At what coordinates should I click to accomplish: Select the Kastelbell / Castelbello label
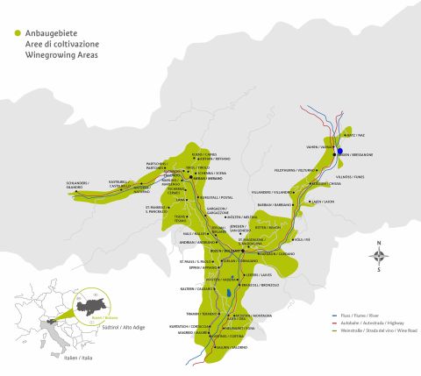[120, 184]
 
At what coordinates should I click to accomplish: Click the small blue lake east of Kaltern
[229, 293]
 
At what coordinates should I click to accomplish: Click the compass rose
[379, 256]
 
